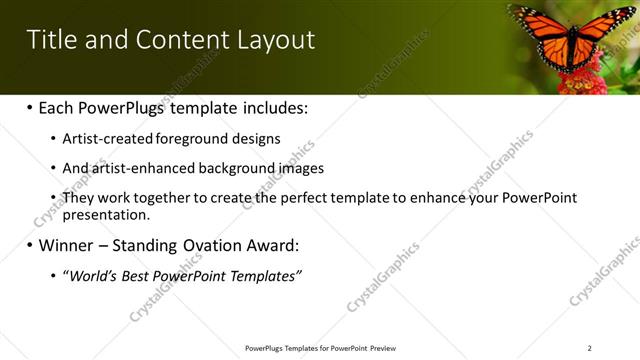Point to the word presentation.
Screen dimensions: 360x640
105,214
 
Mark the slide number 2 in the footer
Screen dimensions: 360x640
589,348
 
